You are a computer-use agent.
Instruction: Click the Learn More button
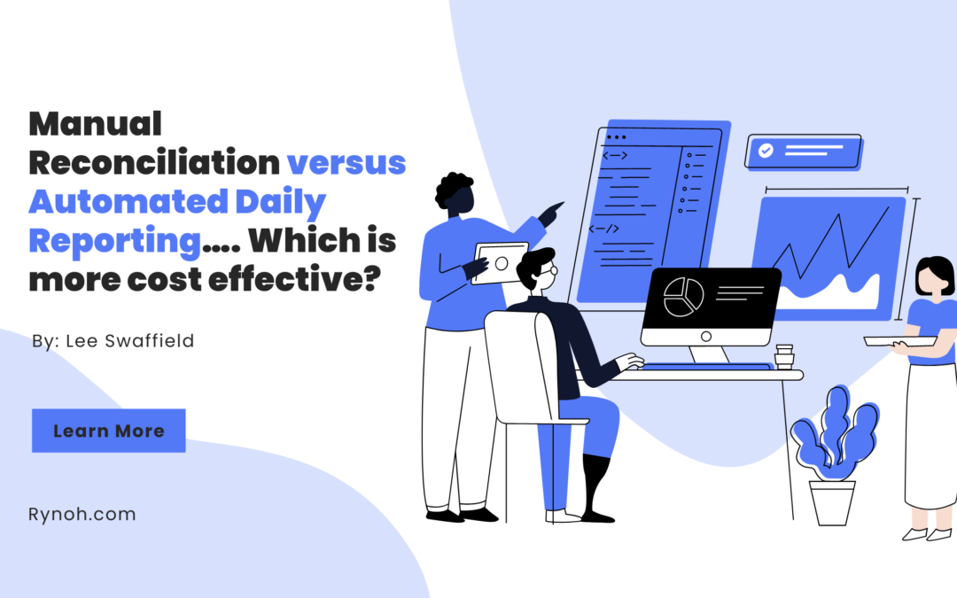pyautogui.click(x=109, y=431)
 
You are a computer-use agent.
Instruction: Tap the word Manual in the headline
pyautogui.click(x=95, y=124)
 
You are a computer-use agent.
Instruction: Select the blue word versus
pyautogui.click(x=346, y=163)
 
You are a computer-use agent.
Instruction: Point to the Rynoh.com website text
pyautogui.click(x=82, y=515)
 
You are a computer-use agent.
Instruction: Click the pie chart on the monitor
pyautogui.click(x=683, y=297)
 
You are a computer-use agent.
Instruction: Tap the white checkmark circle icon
pyautogui.click(x=766, y=150)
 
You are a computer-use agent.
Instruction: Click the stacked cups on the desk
pyautogui.click(x=783, y=356)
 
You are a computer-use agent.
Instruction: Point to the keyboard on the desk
pyautogui.click(x=706, y=366)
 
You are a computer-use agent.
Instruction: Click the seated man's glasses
pyautogui.click(x=550, y=268)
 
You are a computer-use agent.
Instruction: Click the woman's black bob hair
pyautogui.click(x=935, y=275)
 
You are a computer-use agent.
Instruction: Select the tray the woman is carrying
pyautogui.click(x=899, y=341)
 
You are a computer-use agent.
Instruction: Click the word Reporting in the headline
pyautogui.click(x=114, y=240)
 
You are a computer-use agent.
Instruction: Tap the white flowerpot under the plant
pyautogui.click(x=832, y=503)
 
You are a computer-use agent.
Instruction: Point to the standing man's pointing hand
pyautogui.click(x=550, y=214)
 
